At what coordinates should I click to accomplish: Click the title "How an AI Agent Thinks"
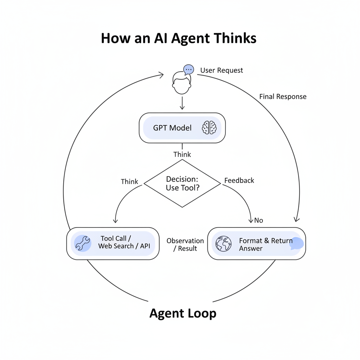click(179, 38)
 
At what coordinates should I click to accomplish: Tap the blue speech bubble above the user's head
click(188, 69)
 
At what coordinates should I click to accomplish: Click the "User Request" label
click(221, 70)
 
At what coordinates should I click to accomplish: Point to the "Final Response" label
click(283, 96)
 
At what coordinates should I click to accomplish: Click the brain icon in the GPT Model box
click(209, 128)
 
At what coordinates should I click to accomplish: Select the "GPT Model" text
click(172, 128)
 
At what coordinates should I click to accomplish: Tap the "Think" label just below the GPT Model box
click(182, 154)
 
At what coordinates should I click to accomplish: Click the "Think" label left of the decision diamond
click(129, 181)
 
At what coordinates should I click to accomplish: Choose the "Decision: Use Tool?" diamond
click(182, 184)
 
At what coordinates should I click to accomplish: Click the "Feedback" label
click(239, 180)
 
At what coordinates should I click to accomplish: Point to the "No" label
click(258, 220)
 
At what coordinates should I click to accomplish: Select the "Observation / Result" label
click(185, 244)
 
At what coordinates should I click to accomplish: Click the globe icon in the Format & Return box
click(224, 243)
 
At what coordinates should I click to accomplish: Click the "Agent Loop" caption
click(183, 313)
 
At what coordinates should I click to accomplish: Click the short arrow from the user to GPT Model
click(182, 103)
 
